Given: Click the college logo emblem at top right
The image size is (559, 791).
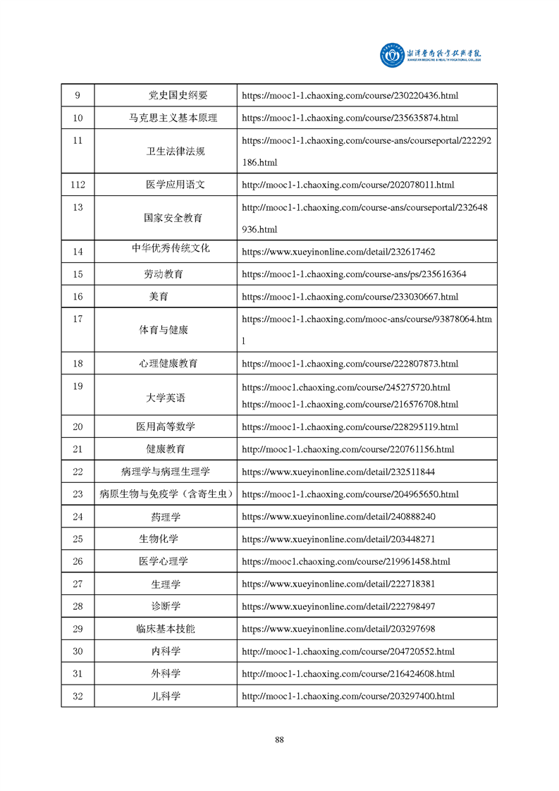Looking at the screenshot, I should [x=391, y=55].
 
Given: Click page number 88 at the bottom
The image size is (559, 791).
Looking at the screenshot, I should [x=279, y=740].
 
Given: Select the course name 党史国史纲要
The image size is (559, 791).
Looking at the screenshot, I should [x=178, y=95].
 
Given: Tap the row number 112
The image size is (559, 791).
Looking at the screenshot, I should [x=78, y=185].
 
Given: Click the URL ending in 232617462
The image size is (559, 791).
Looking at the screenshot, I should [x=338, y=252].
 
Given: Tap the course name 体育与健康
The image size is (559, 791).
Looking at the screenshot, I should [x=164, y=330].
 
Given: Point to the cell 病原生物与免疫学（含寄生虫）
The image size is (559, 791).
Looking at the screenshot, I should [x=166, y=493].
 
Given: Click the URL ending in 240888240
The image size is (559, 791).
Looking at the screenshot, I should [x=338, y=517].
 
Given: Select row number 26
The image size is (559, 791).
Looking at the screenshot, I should [x=78, y=561].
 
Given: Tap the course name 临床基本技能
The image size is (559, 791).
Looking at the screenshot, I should [x=166, y=629].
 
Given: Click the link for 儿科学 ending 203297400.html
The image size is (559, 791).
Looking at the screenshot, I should [x=348, y=696].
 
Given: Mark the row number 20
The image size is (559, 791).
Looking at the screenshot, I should [x=78, y=427].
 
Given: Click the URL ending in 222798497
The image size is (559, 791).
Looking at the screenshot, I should [x=338, y=606].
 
